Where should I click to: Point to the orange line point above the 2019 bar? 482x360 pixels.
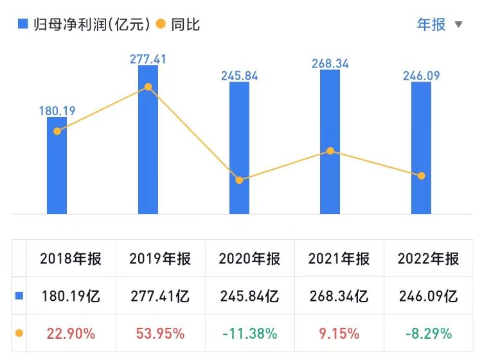click(148, 87)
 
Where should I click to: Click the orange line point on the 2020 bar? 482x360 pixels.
click(239, 180)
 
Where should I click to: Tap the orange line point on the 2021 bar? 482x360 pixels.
click(330, 151)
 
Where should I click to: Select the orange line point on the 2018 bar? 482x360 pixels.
click(57, 131)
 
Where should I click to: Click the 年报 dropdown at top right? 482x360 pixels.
click(440, 24)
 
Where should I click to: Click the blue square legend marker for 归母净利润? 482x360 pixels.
click(22, 24)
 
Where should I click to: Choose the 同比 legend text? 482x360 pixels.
click(186, 24)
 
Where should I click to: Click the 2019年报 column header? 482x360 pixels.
click(160, 259)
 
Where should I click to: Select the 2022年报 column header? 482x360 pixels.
click(428, 259)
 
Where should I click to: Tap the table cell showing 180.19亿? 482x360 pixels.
click(70, 296)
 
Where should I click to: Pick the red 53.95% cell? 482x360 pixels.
click(160, 334)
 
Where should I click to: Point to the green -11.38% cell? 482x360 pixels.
click(249, 334)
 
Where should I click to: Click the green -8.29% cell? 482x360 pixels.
click(428, 334)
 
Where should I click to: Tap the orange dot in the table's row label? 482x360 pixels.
click(19, 334)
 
